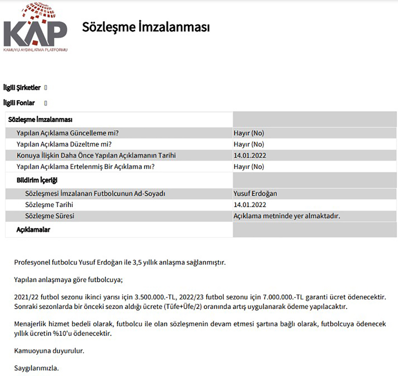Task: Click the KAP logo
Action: pos(35,28)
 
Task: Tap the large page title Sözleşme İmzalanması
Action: pos(146,27)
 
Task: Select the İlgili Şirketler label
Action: pos(22,88)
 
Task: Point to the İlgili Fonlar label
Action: pos(19,103)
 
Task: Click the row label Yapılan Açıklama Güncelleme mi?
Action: pos(67,133)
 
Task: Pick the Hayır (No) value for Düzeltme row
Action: pos(249,144)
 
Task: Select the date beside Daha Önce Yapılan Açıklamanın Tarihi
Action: pos(250,155)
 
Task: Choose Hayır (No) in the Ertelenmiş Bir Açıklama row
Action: pos(249,167)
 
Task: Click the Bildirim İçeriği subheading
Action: pos(37,180)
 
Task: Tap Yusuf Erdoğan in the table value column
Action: pos(255,193)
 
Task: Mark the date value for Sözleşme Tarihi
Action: pos(250,205)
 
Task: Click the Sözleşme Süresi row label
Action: pos(49,216)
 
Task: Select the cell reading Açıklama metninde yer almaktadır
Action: pos(287,216)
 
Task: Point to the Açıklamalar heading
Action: pos(33,230)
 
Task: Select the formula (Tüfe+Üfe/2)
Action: pos(183,307)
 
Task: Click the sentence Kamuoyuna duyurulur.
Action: pos(49,350)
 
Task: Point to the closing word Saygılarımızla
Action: pos(36,368)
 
